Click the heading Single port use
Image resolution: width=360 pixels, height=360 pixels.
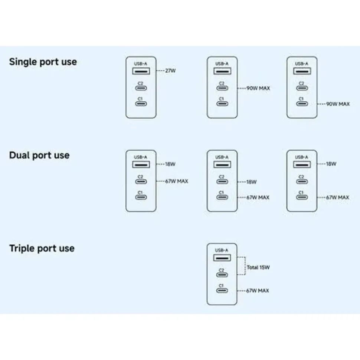click(43, 62)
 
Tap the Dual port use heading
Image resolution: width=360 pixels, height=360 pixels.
click(39, 155)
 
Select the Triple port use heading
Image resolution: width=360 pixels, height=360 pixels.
click(42, 248)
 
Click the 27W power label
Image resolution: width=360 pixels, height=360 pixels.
click(170, 71)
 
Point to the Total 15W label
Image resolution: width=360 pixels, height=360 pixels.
click(258, 267)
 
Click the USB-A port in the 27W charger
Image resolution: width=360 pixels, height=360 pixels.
click(141, 71)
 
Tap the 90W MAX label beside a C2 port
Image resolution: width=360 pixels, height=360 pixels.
click(258, 88)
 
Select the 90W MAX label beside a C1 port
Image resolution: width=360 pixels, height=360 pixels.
click(338, 104)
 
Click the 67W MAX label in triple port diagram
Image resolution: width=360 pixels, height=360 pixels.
click(258, 291)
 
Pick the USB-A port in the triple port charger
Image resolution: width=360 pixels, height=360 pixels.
click(222, 258)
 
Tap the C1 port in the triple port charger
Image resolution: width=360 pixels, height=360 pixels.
click(222, 291)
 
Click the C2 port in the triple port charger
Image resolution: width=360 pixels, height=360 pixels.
click(222, 275)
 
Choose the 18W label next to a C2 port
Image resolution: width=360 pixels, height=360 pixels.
click(252, 182)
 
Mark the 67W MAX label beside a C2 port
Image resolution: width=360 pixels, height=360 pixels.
click(177, 181)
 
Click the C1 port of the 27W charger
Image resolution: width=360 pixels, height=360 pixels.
click(141, 104)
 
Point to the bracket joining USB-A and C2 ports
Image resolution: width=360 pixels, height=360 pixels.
click(245, 265)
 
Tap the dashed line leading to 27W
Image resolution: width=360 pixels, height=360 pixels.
click(160, 71)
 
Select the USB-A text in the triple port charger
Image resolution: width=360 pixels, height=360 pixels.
click(222, 250)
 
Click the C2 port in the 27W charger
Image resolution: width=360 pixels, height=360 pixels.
click(141, 88)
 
